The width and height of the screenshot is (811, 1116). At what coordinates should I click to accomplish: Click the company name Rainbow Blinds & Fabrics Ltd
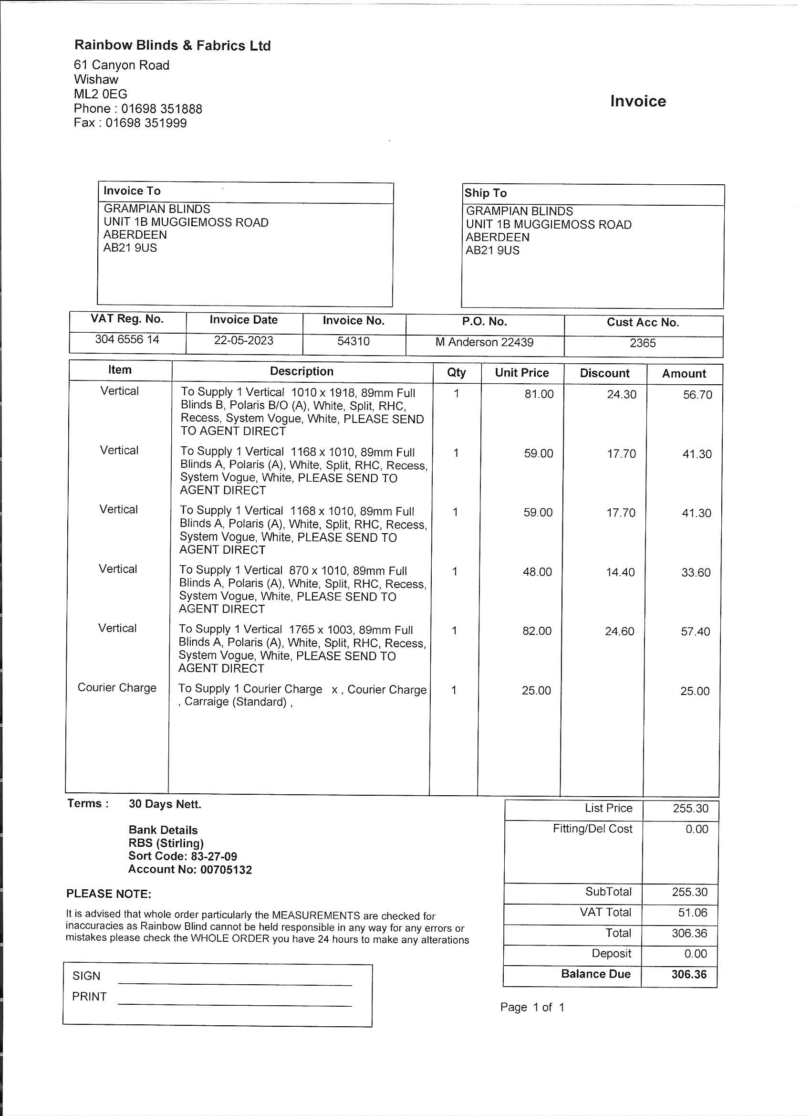tap(172, 45)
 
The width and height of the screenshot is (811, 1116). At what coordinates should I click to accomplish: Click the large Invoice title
tap(638, 101)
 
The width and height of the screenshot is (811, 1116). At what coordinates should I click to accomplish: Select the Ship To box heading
tap(486, 193)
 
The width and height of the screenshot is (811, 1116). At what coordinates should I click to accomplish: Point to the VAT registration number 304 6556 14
tap(127, 339)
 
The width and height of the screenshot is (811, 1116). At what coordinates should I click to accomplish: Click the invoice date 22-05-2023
tap(243, 340)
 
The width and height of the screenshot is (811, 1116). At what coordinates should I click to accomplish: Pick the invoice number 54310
tap(353, 341)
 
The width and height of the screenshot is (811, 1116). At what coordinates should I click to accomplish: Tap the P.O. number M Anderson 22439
tap(484, 342)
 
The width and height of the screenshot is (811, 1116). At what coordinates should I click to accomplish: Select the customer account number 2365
tap(642, 344)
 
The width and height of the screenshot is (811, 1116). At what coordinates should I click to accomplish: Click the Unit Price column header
tap(521, 373)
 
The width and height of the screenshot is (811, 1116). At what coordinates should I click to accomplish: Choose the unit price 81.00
tap(539, 394)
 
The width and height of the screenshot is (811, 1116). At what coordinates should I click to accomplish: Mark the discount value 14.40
tap(620, 572)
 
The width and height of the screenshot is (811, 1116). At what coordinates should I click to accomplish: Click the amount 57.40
tap(695, 632)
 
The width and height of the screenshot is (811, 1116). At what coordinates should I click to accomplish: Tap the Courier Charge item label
tap(117, 688)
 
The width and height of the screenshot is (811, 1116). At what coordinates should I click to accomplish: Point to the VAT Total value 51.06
tap(693, 913)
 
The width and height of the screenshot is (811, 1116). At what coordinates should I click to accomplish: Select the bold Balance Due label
tap(595, 974)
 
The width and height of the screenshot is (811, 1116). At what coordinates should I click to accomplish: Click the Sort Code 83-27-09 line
tap(182, 857)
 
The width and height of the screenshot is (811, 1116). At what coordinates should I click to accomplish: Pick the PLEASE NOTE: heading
tap(109, 894)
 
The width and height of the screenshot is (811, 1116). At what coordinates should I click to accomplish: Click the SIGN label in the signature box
tap(86, 976)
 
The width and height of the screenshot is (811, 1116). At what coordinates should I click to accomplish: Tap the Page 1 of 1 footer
tap(531, 1008)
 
